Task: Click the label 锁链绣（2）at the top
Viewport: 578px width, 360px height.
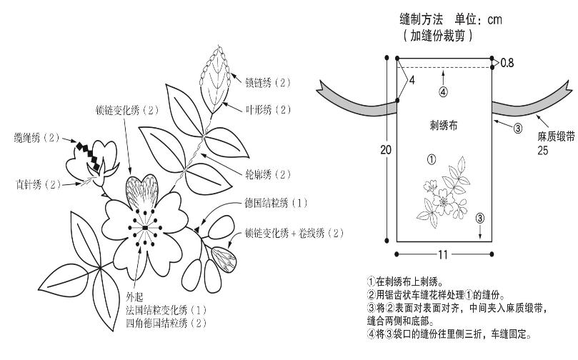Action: point(268,82)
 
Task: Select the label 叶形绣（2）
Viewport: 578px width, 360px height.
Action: point(268,109)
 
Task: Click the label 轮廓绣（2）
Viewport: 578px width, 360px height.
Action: point(268,174)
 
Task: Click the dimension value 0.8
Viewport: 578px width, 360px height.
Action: point(507,63)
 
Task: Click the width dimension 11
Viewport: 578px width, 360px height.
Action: point(443,253)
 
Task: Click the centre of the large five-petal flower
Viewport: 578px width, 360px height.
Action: point(144,227)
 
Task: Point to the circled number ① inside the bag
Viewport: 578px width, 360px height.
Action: point(431,158)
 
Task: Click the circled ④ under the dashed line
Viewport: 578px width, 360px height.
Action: point(443,91)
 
